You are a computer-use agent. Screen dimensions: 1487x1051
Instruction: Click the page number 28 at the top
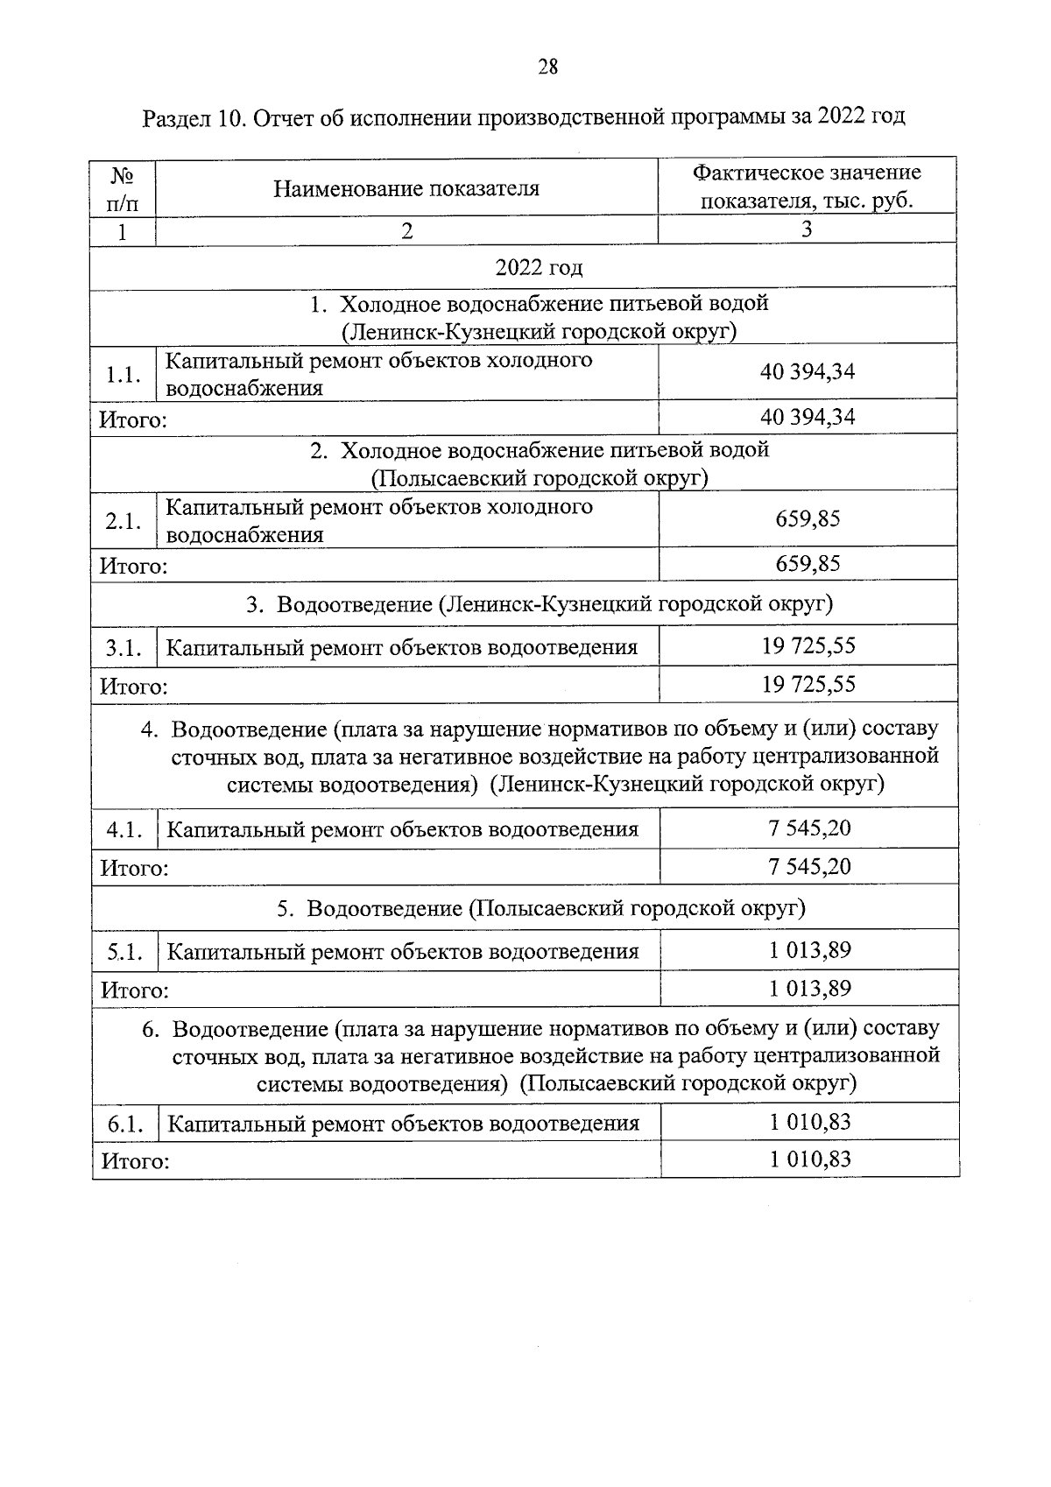(547, 67)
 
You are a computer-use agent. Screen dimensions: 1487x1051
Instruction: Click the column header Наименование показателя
(406, 188)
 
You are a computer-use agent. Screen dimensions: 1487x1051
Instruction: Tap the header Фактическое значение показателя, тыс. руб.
(807, 187)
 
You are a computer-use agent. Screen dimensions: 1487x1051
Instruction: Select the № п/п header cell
(123, 188)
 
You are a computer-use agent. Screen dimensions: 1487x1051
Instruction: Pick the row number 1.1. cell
(123, 375)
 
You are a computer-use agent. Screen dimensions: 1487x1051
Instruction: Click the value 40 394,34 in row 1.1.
(807, 371)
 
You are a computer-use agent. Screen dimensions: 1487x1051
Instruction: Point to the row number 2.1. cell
(123, 521)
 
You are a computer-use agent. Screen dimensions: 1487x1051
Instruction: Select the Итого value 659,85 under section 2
(807, 563)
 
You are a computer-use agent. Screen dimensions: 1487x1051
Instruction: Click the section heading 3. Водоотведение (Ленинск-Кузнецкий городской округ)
(539, 604)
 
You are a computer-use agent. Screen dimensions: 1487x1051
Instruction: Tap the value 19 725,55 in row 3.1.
(808, 646)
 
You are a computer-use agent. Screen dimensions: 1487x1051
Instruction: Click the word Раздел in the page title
(173, 117)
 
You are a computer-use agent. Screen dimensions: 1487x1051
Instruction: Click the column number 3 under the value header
(807, 229)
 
